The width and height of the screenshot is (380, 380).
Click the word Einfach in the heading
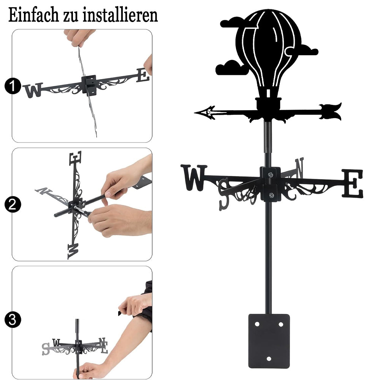[x=33, y=15]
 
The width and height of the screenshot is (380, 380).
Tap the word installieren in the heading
[x=120, y=15]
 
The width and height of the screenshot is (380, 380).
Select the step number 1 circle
[x=13, y=86]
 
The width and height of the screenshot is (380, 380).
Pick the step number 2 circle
[x=13, y=204]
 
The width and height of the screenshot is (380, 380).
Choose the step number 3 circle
[x=13, y=320]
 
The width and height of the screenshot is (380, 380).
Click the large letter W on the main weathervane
[x=194, y=177]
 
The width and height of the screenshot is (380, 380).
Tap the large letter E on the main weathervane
[x=353, y=183]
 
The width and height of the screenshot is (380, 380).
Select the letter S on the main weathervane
[x=224, y=194]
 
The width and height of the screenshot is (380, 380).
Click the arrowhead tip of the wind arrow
[x=195, y=113]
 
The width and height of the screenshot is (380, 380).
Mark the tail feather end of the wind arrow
[x=340, y=111]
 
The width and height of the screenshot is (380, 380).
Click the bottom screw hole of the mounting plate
[x=269, y=359]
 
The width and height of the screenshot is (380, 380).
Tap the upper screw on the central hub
[x=270, y=174]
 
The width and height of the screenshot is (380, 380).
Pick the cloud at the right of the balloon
[x=307, y=50]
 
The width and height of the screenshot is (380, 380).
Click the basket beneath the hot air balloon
[x=269, y=103]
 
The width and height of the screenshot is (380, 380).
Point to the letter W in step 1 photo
[x=33, y=90]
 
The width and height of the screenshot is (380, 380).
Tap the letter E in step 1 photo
[x=143, y=75]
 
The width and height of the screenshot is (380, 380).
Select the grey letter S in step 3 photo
[x=46, y=349]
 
